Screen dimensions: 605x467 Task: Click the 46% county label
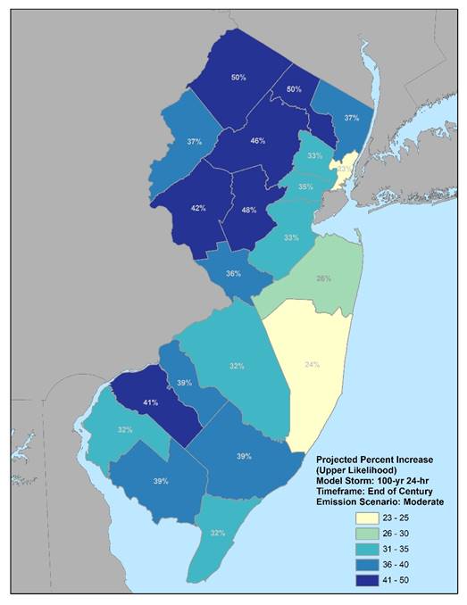pos(257,141)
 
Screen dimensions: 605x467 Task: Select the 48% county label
pos(250,211)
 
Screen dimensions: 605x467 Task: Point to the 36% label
pos(233,273)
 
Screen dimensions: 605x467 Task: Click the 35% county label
pos(305,187)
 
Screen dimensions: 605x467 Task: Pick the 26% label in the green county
pos(323,278)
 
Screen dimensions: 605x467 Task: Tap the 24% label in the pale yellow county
pos(311,364)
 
